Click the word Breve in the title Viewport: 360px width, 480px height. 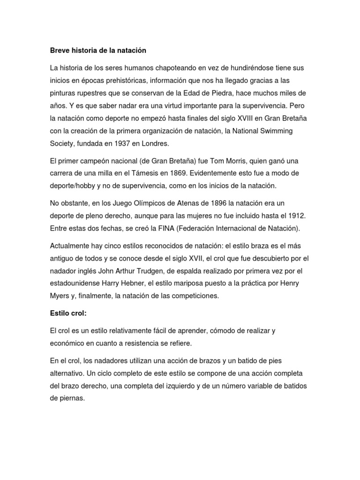[x=60, y=50]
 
